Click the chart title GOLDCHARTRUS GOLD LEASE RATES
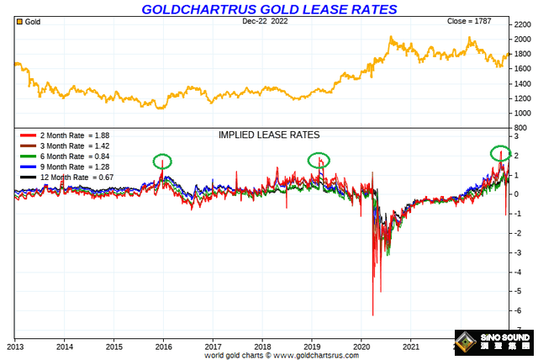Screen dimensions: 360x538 coord(269,9)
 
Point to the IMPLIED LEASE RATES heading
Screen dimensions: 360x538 coord(269,135)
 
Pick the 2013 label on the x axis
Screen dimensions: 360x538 coord(16,345)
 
